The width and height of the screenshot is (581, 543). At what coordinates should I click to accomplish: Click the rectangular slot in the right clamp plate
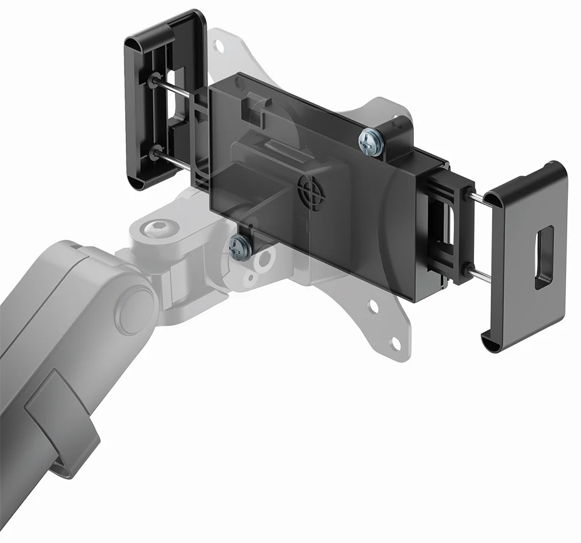point(543,257)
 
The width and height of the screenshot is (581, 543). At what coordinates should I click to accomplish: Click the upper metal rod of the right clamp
point(483,198)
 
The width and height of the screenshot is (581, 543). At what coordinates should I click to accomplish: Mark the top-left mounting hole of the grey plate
point(219,46)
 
